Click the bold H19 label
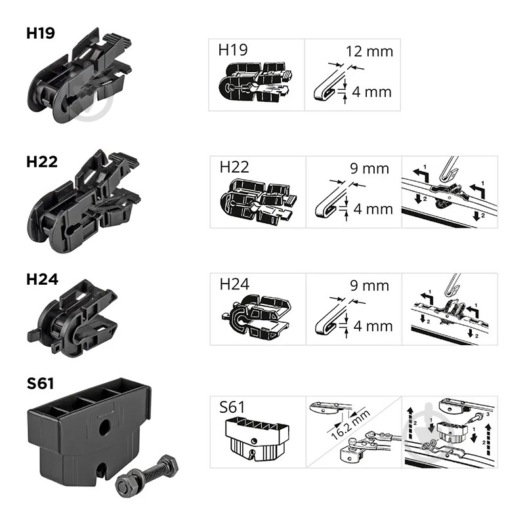pyautogui.click(x=41, y=33)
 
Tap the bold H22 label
pyautogui.click(x=42, y=161)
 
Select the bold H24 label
pyautogui.click(x=42, y=280)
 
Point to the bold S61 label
pyautogui.click(x=40, y=383)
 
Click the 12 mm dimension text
pyautogui.click(x=369, y=52)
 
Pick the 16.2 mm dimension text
pyautogui.click(x=350, y=425)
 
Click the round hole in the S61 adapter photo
pyautogui.click(x=105, y=428)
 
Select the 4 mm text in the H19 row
pyautogui.click(x=371, y=92)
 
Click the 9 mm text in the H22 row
pyautogui.click(x=369, y=169)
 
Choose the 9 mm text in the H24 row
pyautogui.click(x=369, y=285)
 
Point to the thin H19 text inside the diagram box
pyautogui.click(x=233, y=50)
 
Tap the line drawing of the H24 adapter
pyautogui.click(x=256, y=315)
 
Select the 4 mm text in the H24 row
pyautogui.click(x=373, y=326)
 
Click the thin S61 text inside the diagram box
pyautogui.click(x=232, y=407)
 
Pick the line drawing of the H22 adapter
pyautogui.click(x=259, y=202)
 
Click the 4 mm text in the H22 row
pyautogui.click(x=373, y=209)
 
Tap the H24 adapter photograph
pyautogui.click(x=73, y=318)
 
